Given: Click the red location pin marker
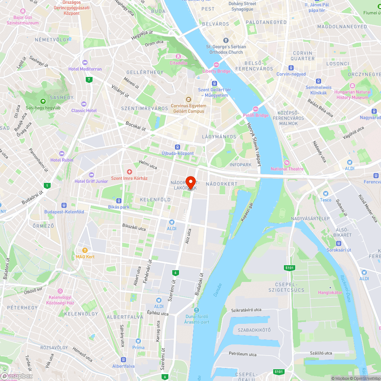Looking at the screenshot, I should (191, 182).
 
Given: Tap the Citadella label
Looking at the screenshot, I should (178, 63).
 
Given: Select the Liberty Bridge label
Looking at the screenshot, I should (216, 71).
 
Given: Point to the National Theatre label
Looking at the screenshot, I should (287, 169).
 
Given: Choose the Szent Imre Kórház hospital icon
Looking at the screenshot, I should (129, 172).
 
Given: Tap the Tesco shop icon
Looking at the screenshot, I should (325, 194).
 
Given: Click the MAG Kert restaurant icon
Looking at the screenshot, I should (85, 250).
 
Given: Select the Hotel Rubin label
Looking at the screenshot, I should (62, 160).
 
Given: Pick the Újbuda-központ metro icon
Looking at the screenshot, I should (178, 147).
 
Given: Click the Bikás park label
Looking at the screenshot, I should (118, 207).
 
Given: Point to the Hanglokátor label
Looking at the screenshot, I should (330, 293).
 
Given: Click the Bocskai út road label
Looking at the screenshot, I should (136, 126).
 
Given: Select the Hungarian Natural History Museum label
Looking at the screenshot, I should (352, 94).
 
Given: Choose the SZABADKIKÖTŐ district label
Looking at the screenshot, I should (254, 330).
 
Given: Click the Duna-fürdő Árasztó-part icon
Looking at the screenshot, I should (197, 310).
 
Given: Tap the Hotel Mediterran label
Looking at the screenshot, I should (85, 69).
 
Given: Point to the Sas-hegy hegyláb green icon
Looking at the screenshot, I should (43, 101).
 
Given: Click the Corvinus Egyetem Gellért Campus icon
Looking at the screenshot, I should (188, 99).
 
